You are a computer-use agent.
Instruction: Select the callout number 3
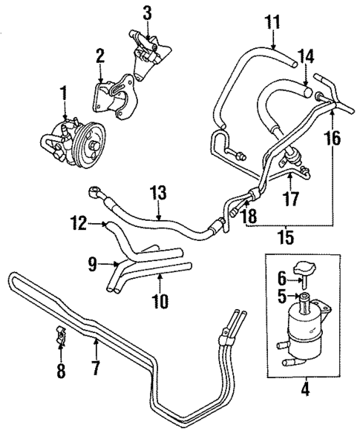coord(148,12)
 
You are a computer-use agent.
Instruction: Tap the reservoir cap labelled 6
coord(305,271)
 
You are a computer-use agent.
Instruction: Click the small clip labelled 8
coord(60,338)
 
